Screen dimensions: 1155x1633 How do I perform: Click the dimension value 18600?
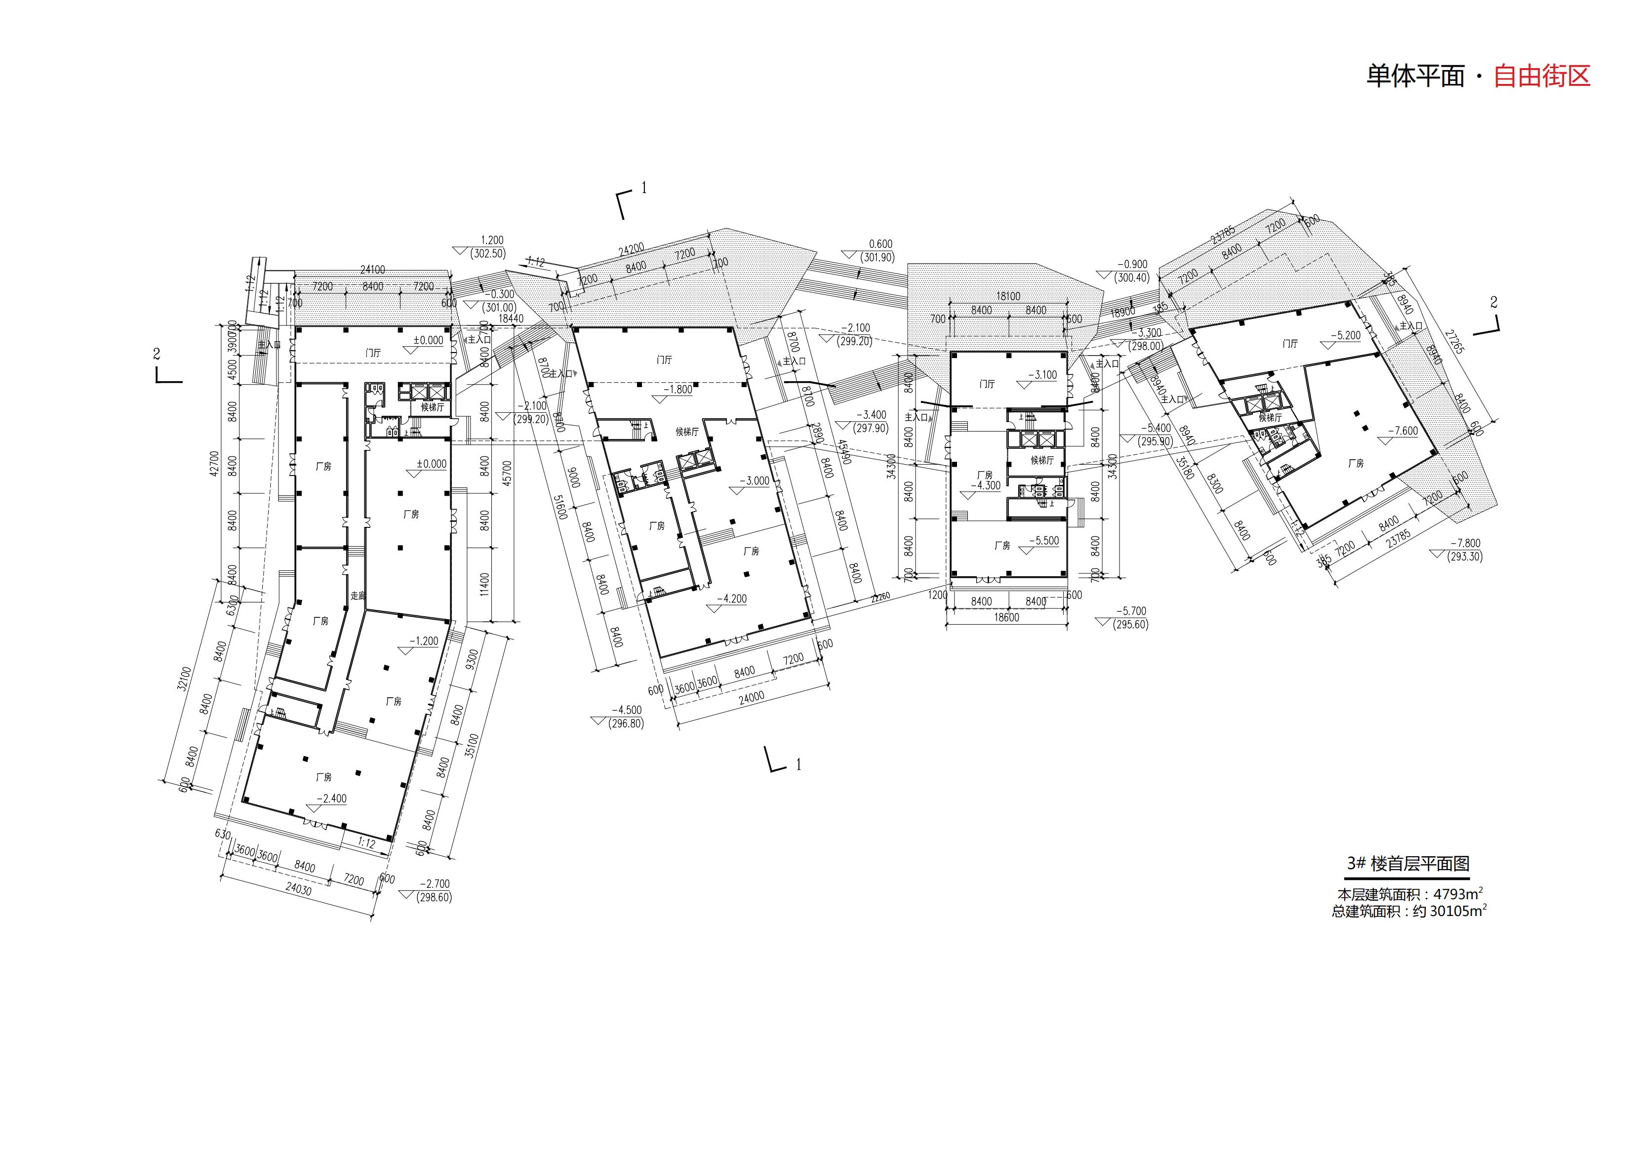pos(1006,617)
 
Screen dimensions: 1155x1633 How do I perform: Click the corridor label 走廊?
pos(357,596)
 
